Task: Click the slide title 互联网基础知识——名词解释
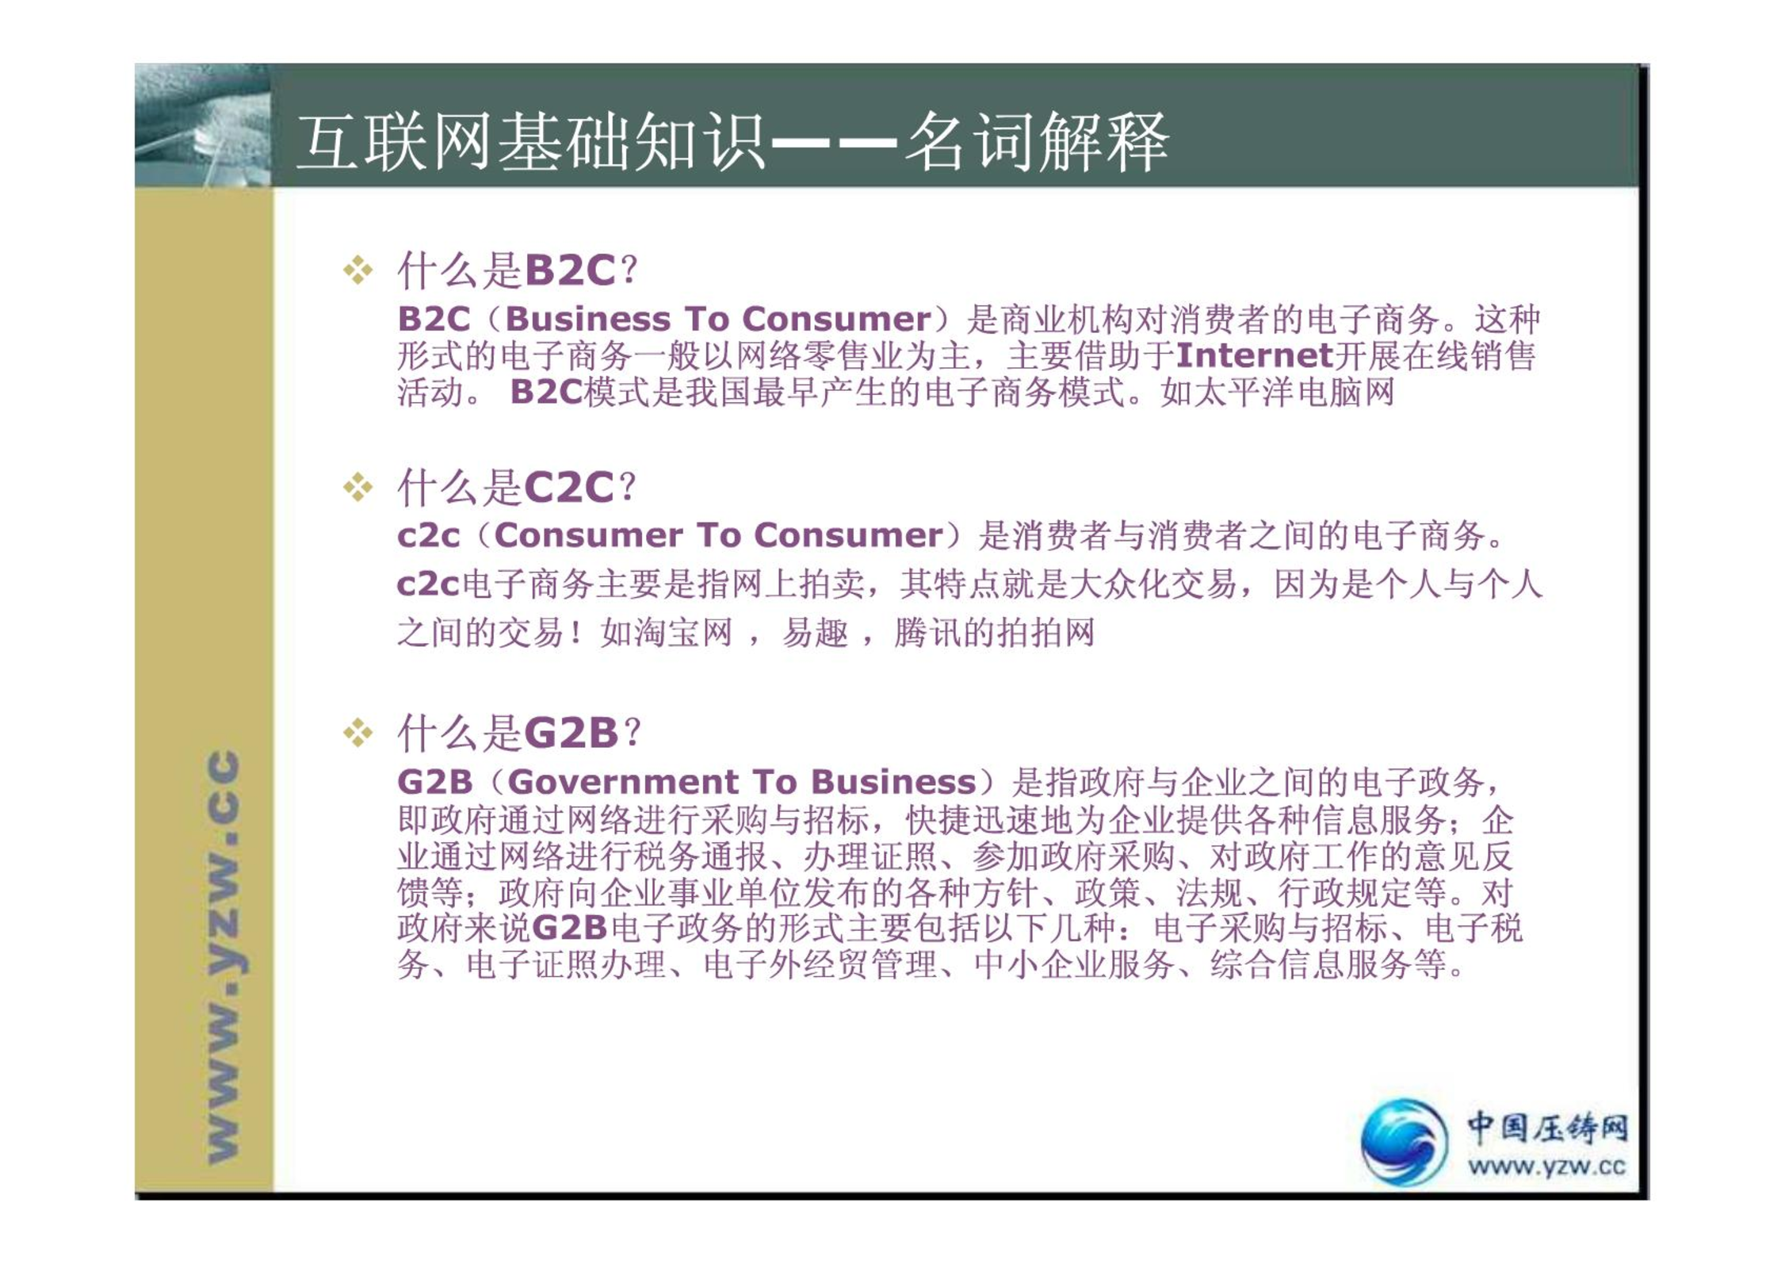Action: click(x=732, y=142)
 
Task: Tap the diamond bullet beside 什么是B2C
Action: click(x=358, y=270)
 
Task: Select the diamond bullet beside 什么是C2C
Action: click(x=358, y=488)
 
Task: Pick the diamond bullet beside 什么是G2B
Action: click(x=358, y=733)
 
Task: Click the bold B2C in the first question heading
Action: click(x=570, y=270)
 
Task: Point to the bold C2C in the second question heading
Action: click(x=569, y=488)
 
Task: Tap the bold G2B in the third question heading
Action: click(x=571, y=733)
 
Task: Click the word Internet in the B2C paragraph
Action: click(x=1255, y=355)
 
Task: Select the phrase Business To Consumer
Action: click(x=718, y=319)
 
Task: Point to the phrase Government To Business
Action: click(x=742, y=782)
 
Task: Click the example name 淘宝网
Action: click(x=682, y=633)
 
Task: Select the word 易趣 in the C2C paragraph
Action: click(x=815, y=633)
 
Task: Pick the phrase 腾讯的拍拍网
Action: click(x=995, y=633)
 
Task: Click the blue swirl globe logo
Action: click(x=1404, y=1142)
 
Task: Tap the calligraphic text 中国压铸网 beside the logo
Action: click(x=1547, y=1128)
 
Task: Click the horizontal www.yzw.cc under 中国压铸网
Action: click(x=1546, y=1166)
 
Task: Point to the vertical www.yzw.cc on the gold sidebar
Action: click(x=223, y=956)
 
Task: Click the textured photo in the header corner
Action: click(x=203, y=125)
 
